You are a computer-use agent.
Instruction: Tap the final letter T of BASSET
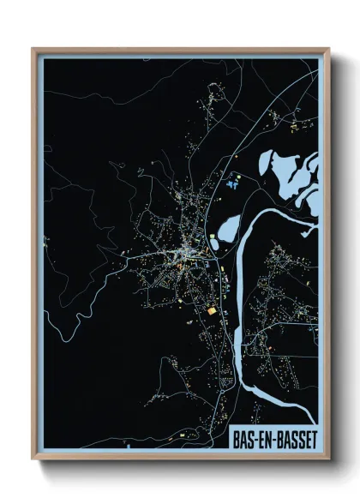click(312, 437)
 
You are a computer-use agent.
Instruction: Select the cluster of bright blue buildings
click(231, 182)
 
